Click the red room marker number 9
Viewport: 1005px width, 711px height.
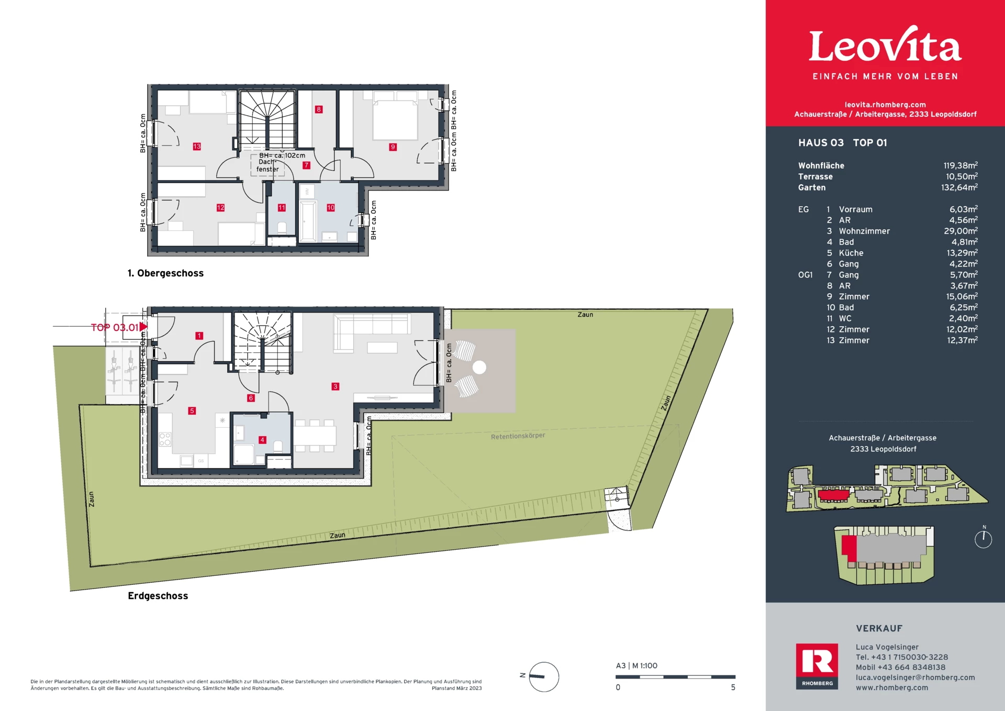pos(393,147)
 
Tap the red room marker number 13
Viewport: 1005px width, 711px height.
pos(197,147)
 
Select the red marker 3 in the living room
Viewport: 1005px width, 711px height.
pos(336,386)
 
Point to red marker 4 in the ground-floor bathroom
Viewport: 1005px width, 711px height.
pos(262,440)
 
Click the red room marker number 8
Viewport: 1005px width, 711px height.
pos(319,109)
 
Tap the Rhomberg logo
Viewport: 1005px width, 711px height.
pos(817,666)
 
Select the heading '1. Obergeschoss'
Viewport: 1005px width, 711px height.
pos(165,273)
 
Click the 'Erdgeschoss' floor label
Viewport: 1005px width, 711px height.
pos(158,596)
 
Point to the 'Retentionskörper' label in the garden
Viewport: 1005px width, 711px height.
pos(518,436)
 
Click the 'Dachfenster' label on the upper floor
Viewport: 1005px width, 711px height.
pos(267,165)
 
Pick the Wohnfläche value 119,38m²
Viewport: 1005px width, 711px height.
pos(961,165)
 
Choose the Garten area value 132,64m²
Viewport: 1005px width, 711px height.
pos(959,187)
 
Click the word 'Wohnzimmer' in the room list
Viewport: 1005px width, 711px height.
pos(864,231)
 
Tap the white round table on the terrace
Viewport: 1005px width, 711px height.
pos(479,368)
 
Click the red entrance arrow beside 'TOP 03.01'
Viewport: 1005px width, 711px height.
pos(143,327)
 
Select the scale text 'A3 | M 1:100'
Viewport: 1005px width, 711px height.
pos(636,666)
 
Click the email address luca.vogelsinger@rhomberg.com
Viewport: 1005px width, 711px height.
pos(915,677)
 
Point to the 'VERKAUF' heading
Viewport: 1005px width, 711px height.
pos(879,628)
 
